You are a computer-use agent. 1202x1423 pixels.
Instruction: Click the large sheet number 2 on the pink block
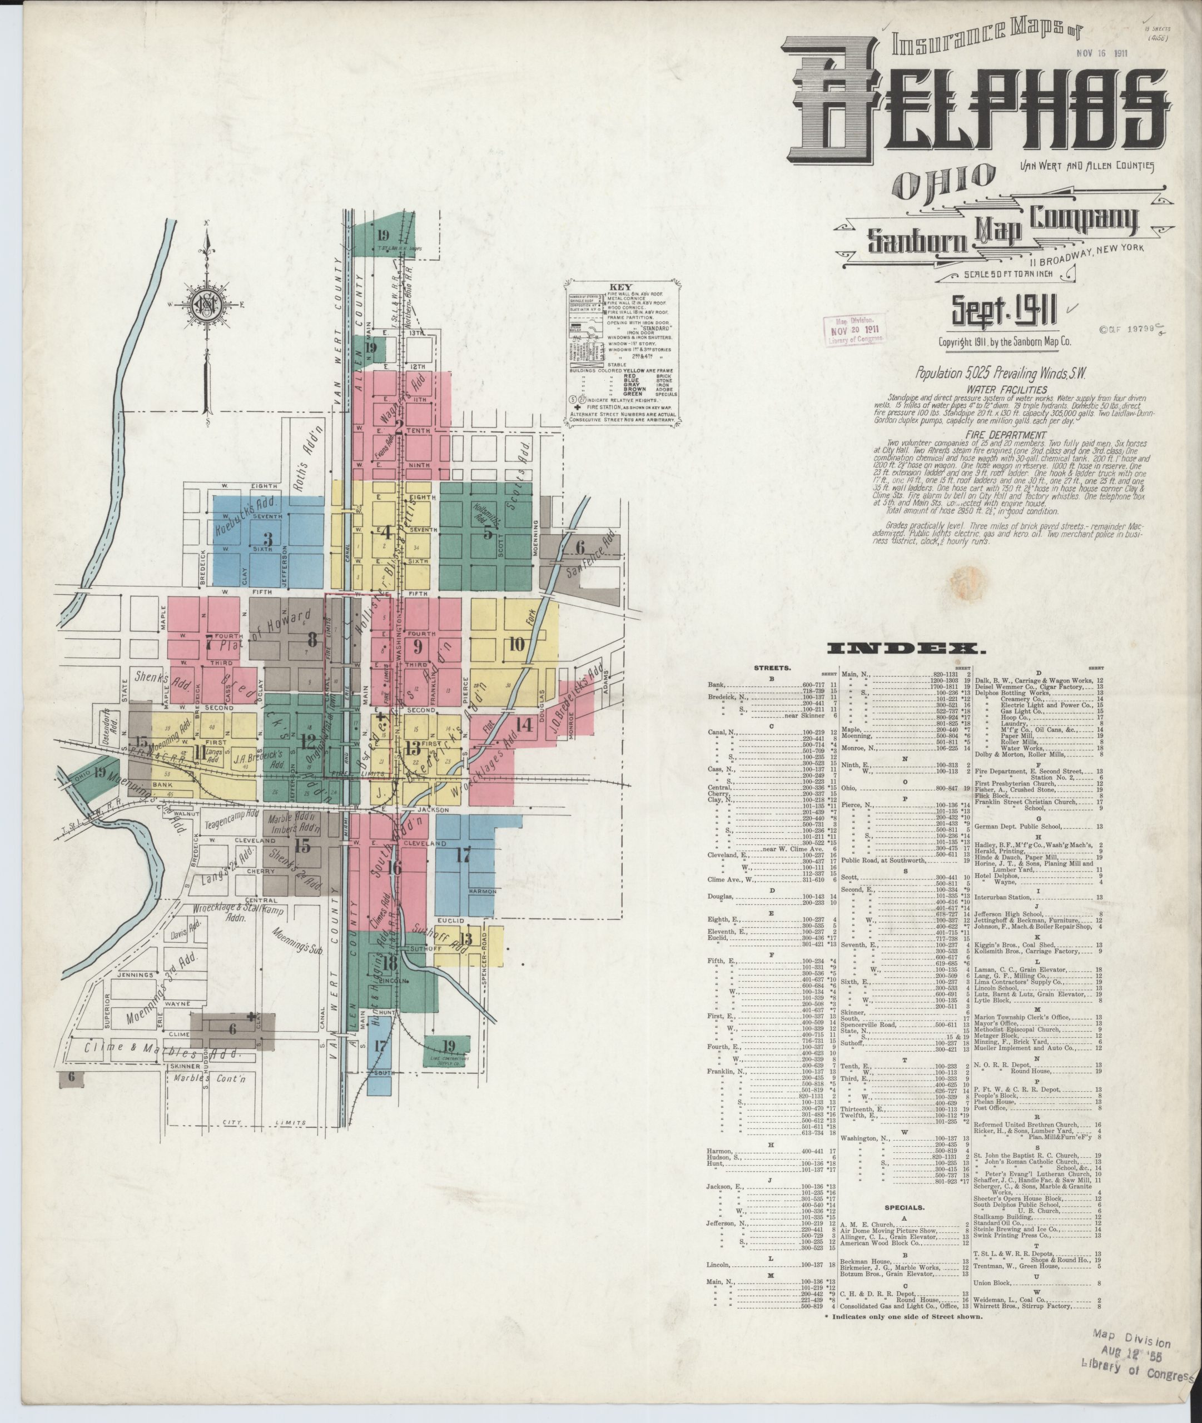(x=399, y=427)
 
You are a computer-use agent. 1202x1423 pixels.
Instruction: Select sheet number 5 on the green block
(x=488, y=532)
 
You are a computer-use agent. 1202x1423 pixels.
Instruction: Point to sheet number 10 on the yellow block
(x=516, y=643)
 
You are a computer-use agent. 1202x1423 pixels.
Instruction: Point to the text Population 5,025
(x=957, y=374)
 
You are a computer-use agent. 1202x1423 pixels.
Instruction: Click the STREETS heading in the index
(x=773, y=668)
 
